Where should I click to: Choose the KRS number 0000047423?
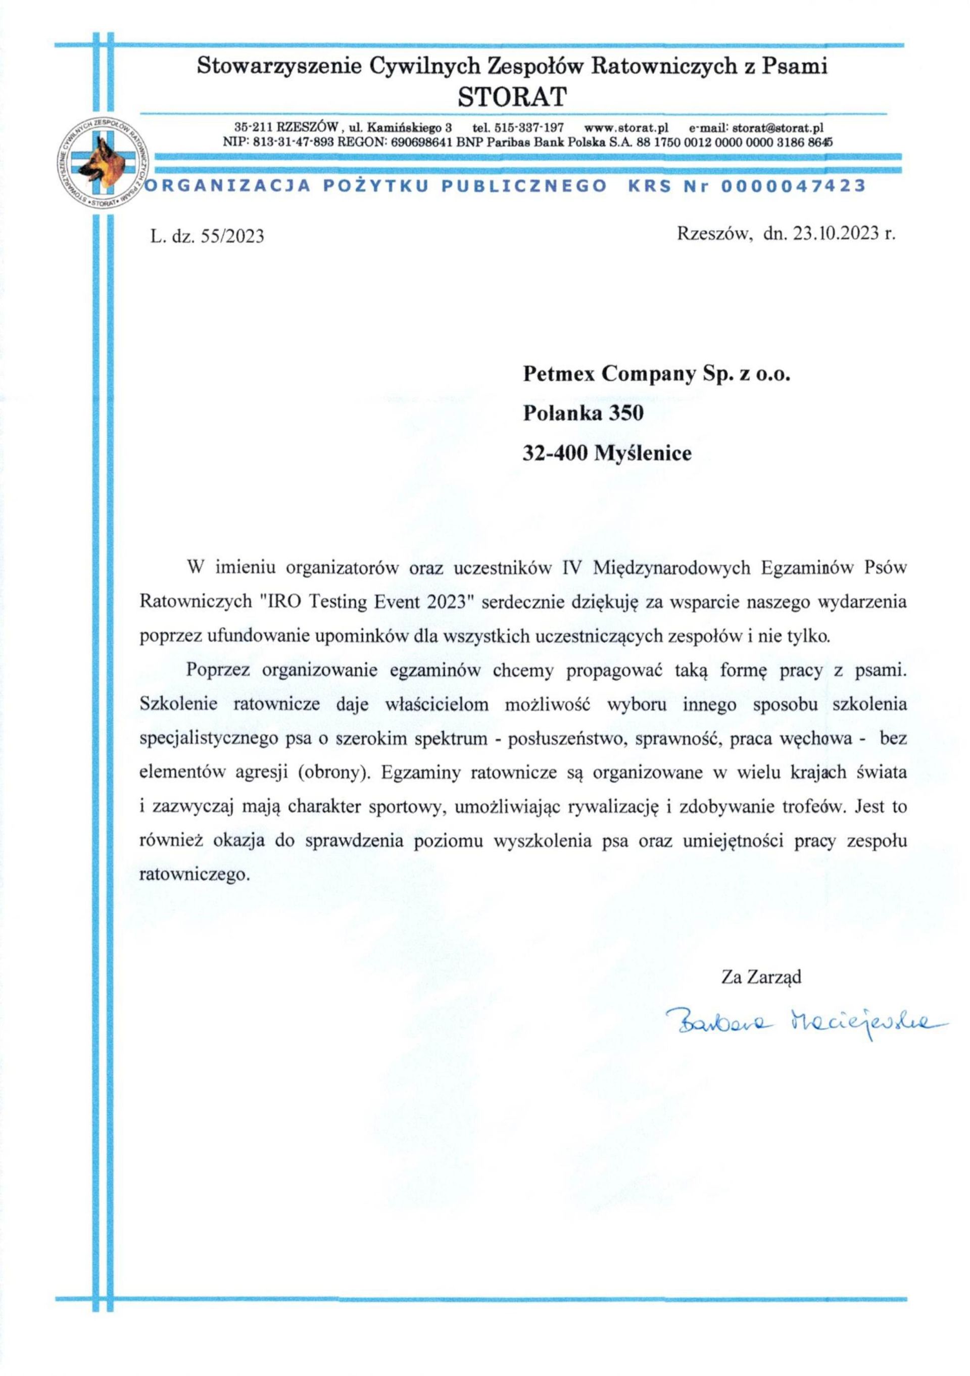tap(794, 186)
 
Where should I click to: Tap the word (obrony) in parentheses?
tap(331, 773)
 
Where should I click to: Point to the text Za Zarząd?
tap(761, 978)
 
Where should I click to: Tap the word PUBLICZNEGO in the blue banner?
tap(523, 186)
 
